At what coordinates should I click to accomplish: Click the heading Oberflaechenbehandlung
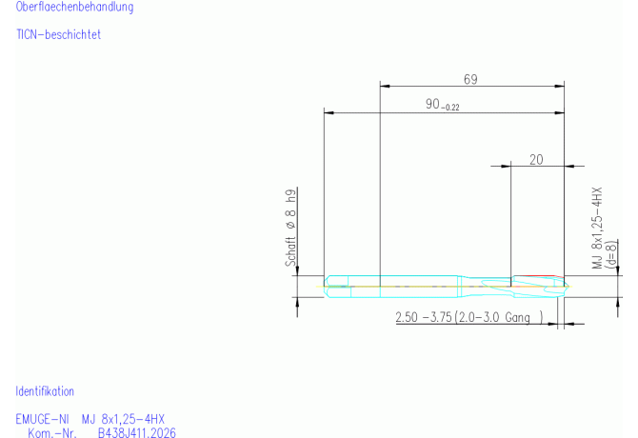[74, 7]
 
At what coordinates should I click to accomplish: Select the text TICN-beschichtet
[58, 34]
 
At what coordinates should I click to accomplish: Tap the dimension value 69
[470, 79]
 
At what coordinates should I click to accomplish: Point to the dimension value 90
[432, 104]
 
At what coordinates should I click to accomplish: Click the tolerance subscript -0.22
[450, 108]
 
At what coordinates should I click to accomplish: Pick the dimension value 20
[536, 160]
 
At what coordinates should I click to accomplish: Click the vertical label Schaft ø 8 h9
[290, 228]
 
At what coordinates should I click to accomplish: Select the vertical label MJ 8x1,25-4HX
[597, 228]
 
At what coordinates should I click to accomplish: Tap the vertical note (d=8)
[611, 254]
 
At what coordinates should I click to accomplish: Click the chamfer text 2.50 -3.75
[424, 317]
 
